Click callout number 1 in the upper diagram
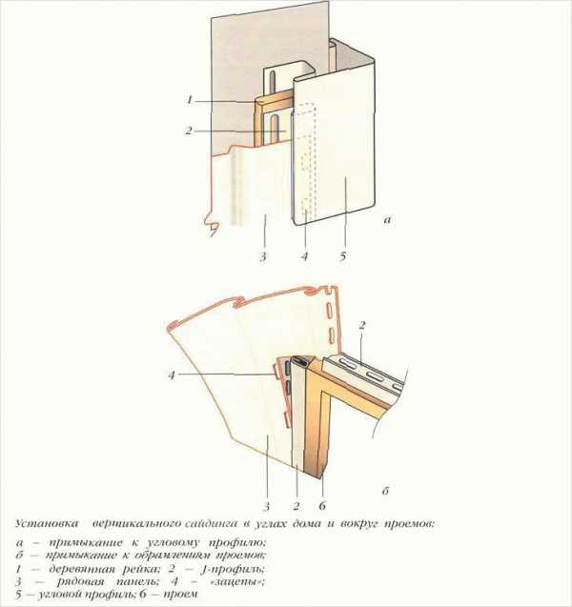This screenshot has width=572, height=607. point(190,100)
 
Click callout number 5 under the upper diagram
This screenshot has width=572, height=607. point(343,256)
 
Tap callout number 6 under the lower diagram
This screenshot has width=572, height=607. point(322,506)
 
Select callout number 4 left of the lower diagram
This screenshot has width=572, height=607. point(172,374)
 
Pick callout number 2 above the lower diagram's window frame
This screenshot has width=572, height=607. point(361,326)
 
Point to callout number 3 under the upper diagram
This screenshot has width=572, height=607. point(263,256)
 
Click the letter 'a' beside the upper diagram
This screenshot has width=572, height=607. point(387,220)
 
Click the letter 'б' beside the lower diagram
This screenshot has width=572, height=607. point(385,492)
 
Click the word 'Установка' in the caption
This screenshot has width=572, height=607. point(47,524)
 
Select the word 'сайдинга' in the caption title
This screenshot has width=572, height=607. point(211,524)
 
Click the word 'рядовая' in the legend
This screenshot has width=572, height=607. point(80,582)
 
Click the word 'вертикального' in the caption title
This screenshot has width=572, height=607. point(136,524)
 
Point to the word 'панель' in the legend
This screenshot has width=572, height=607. point(136,582)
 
